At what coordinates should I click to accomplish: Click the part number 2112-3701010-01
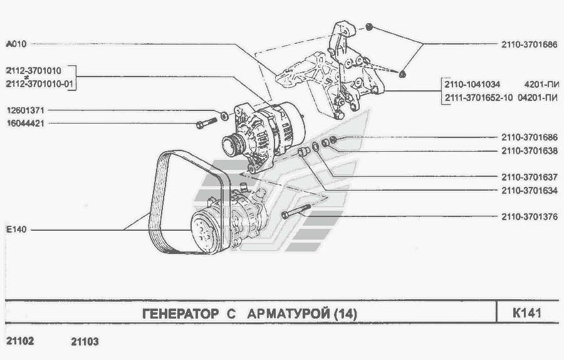coord(41,83)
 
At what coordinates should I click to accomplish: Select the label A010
coord(16,44)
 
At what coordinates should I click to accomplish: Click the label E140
coord(16,230)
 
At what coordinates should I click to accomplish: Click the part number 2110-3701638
coord(529,151)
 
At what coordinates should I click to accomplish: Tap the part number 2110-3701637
coord(529,177)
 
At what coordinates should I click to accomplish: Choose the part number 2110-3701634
coord(529,190)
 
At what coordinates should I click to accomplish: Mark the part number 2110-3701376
coord(529,217)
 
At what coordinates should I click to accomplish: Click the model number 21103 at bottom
coord(85,342)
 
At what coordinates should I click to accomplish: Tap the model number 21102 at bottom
coord(20,342)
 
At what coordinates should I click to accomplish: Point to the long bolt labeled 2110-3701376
coord(295,213)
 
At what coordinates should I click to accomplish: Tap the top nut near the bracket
coord(369,27)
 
